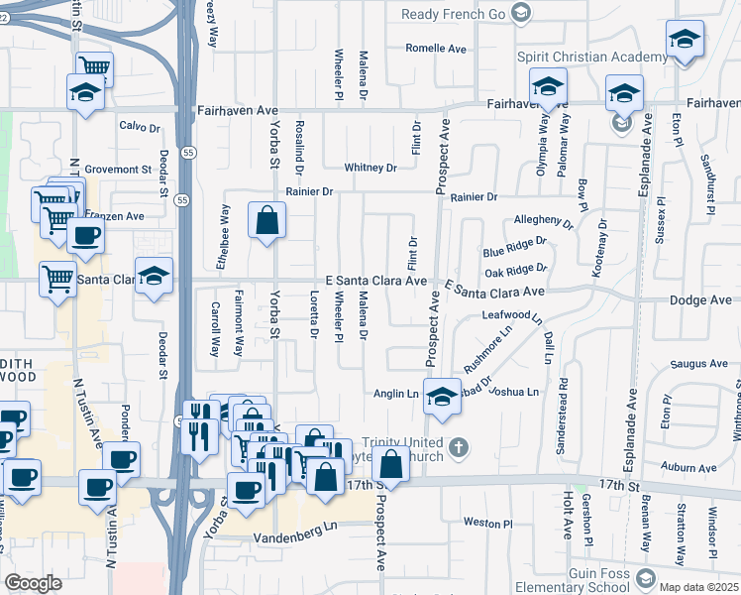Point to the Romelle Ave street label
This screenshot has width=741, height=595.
point(436,48)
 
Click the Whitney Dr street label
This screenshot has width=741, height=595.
point(370,168)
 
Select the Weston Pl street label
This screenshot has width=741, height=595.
point(487,523)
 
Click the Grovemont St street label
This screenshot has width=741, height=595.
point(117,170)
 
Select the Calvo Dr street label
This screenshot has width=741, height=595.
point(139,126)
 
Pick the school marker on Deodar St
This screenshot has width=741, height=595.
point(154,277)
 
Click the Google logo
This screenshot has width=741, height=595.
point(34,583)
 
